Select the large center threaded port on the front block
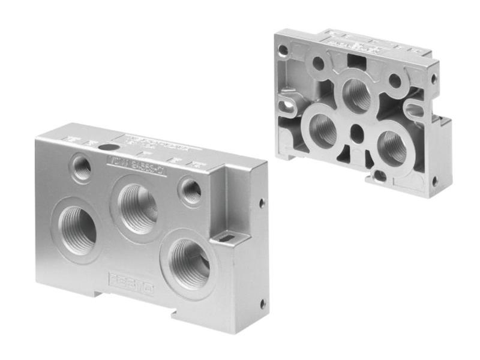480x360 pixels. (x=137, y=208)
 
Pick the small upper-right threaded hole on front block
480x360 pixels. (x=191, y=191)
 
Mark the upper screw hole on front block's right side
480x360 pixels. (x=262, y=203)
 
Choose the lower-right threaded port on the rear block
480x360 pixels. (x=392, y=148)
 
